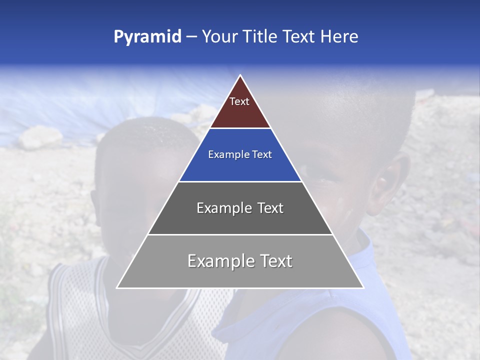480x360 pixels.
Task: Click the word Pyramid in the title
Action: point(147,37)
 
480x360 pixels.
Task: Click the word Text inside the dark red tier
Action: point(239,101)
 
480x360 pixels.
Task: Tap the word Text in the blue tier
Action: point(262,155)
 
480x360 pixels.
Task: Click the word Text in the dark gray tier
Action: point(270,208)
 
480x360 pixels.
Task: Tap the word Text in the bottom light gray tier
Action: point(276,261)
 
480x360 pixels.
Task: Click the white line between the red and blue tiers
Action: point(240,128)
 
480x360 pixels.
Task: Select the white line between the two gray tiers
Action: point(240,234)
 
